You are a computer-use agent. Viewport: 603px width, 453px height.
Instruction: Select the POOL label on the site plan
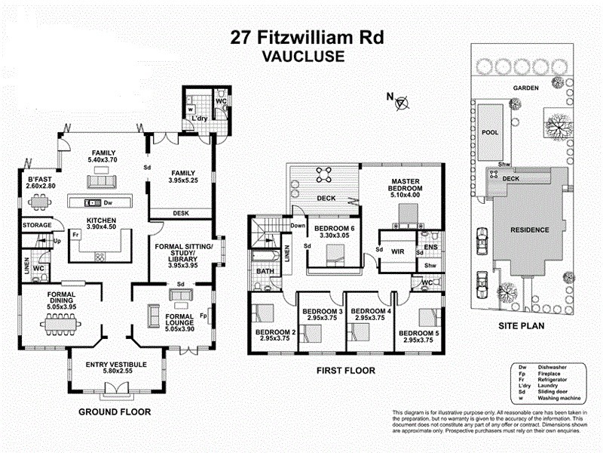(490, 130)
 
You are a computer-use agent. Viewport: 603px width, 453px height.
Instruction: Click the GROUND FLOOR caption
(115, 412)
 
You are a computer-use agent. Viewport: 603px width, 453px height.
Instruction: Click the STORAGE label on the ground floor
(36, 225)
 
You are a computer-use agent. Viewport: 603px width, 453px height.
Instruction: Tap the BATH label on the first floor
(265, 270)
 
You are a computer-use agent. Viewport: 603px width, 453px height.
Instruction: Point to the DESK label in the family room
(180, 214)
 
